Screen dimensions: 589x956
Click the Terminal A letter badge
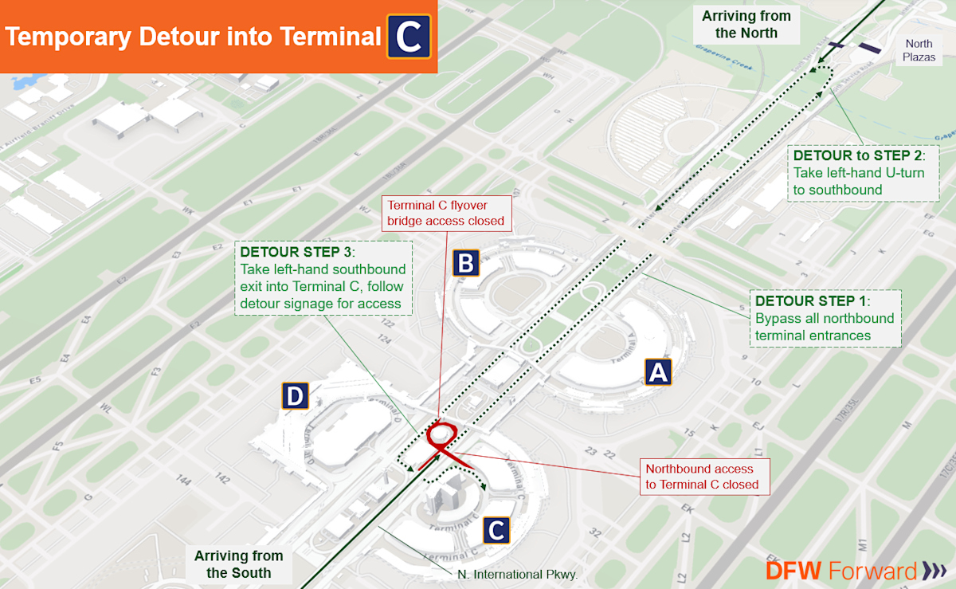click(658, 371)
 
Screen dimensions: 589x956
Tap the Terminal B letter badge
click(466, 262)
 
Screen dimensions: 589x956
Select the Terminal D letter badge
click(295, 396)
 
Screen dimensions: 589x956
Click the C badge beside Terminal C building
click(496, 530)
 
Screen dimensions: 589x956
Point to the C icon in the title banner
click(409, 37)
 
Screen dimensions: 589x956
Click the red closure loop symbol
click(441, 436)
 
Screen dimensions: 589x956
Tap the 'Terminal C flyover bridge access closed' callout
click(445, 212)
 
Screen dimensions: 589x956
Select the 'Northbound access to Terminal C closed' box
click(705, 477)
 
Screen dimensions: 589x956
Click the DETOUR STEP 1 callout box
click(825, 318)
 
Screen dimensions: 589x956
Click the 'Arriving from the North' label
click(746, 25)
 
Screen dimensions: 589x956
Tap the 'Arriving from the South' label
click(239, 564)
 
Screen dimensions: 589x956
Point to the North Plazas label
click(919, 51)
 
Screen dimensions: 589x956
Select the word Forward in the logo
click(873, 571)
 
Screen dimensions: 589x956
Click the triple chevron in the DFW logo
click(934, 571)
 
